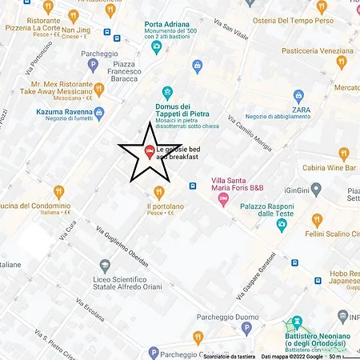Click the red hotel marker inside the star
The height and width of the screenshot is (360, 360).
coord(147,153)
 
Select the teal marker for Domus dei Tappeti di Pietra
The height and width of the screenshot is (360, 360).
coord(167,92)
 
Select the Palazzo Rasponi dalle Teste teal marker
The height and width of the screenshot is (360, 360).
coord(282,225)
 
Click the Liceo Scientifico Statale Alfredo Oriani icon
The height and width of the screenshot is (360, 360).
coord(103,266)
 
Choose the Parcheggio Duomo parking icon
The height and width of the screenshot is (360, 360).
coord(246,328)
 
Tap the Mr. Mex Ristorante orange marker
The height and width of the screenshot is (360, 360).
coord(98,89)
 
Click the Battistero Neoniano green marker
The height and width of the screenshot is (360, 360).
coord(299,322)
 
